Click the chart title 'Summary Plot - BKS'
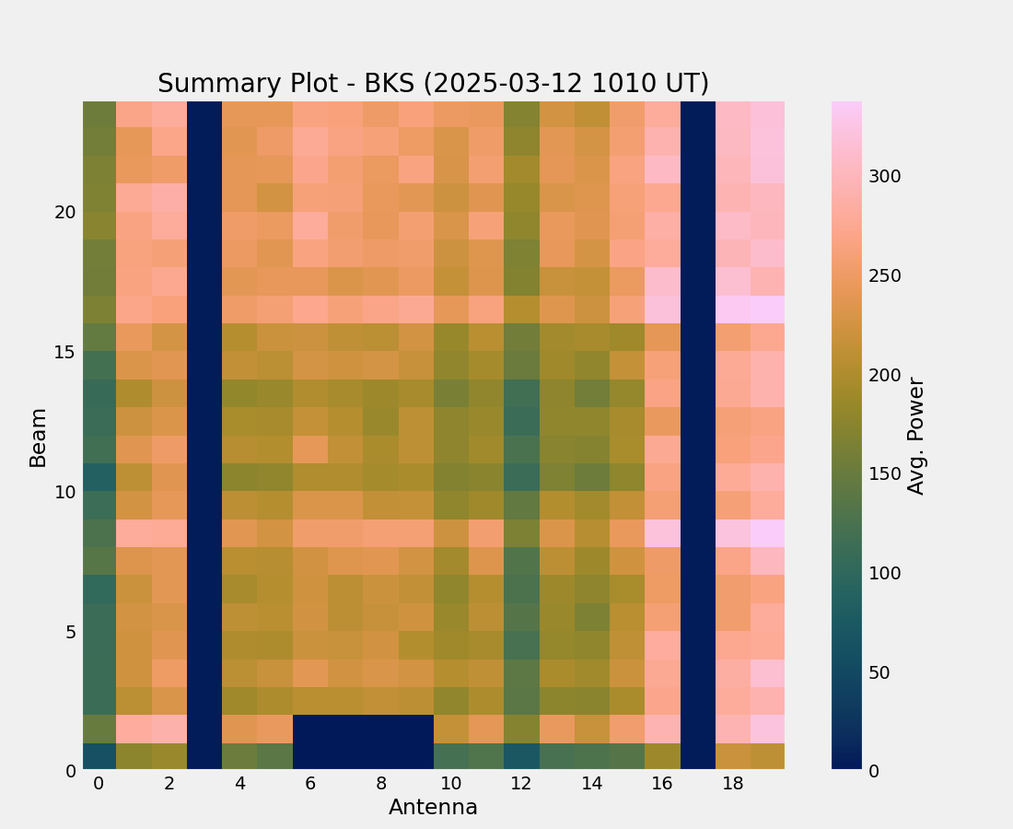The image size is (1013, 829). tap(433, 84)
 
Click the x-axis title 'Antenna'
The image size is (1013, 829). tap(433, 808)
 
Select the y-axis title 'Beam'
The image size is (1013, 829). tap(38, 438)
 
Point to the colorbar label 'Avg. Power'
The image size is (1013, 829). tap(916, 436)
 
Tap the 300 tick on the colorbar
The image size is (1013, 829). tap(884, 177)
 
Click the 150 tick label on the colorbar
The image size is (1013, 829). tap(884, 473)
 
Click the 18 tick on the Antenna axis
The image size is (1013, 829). tap(732, 784)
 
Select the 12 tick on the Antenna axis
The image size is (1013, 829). tap(521, 784)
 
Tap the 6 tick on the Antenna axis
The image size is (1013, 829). tap(310, 784)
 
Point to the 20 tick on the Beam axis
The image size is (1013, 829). tap(64, 212)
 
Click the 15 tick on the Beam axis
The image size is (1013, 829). tap(64, 352)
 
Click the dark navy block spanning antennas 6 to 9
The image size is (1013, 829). tap(363, 741)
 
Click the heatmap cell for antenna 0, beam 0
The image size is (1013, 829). tap(99, 755)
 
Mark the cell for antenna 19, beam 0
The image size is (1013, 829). tap(767, 755)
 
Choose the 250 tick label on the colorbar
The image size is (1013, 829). tap(884, 276)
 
